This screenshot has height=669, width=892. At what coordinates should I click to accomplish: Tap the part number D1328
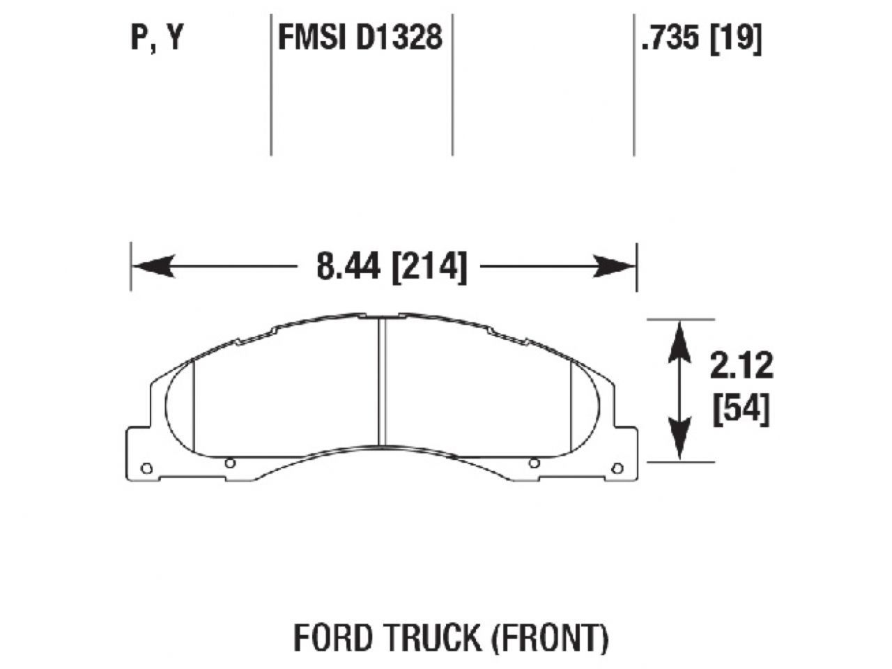[399, 38]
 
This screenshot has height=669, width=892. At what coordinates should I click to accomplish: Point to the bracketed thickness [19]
[736, 38]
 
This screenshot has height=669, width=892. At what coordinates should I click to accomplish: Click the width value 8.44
[348, 267]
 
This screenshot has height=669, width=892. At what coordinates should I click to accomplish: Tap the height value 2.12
[741, 365]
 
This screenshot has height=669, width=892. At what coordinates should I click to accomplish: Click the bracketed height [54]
[741, 410]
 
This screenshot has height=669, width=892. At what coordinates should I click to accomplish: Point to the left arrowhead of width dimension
[151, 266]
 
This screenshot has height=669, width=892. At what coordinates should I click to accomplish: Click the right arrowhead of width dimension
[616, 266]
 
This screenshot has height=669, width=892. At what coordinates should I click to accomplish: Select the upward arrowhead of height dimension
[679, 341]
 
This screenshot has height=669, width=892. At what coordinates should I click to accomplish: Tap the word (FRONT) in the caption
[551, 637]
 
